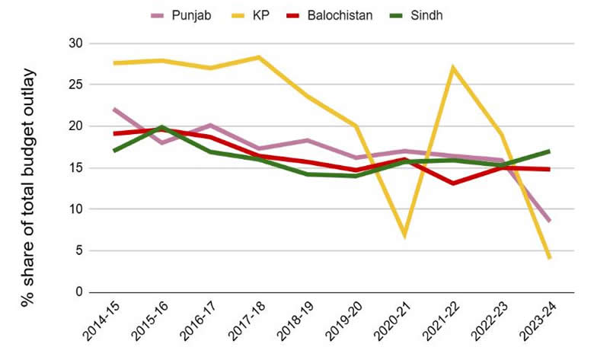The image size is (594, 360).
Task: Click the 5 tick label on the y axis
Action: pos(77,250)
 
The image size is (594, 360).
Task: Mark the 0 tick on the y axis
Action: pos(77,292)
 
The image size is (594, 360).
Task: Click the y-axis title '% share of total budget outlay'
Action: pos(29,187)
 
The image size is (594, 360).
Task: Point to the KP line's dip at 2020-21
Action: pos(404,235)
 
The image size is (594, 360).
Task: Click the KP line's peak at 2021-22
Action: pos(453,68)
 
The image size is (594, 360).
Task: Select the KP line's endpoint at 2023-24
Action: pos(549,258)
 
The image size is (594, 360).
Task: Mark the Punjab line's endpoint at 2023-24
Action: pos(549,221)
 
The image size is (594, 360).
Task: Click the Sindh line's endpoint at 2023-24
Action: pos(549,151)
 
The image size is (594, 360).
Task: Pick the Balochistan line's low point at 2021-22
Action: pos(453,183)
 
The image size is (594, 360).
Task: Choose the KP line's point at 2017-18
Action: pos(259,57)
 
